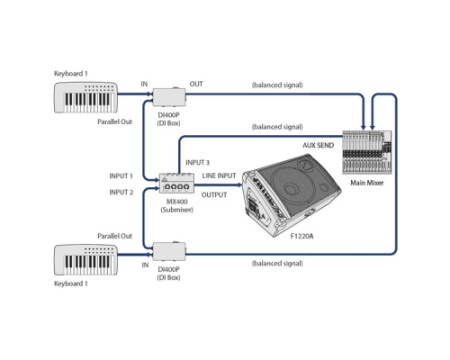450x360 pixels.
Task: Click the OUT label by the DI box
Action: (x=196, y=84)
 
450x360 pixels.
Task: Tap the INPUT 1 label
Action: (x=121, y=176)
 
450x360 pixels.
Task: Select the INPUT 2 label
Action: (x=121, y=193)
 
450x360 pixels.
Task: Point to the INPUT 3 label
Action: (x=198, y=163)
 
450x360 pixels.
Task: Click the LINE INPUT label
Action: (x=219, y=175)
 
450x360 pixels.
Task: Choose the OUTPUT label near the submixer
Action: (x=214, y=195)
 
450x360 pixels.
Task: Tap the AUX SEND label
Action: (x=318, y=146)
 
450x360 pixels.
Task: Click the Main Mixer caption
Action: (x=367, y=183)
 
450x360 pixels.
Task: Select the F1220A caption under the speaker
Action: (x=301, y=237)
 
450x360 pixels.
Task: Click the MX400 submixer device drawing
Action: (x=176, y=183)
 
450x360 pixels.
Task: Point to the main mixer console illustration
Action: (x=367, y=152)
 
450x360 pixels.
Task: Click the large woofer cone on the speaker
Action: (x=290, y=188)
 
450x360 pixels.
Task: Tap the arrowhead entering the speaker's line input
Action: (x=239, y=184)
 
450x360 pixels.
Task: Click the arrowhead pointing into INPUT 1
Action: (x=157, y=180)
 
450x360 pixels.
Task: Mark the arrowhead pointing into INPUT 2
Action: (x=157, y=188)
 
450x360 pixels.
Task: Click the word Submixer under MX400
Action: (x=177, y=210)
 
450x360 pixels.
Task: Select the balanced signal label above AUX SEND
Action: (x=277, y=127)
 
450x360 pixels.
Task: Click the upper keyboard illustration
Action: (x=85, y=97)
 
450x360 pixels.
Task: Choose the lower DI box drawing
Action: (x=169, y=251)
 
